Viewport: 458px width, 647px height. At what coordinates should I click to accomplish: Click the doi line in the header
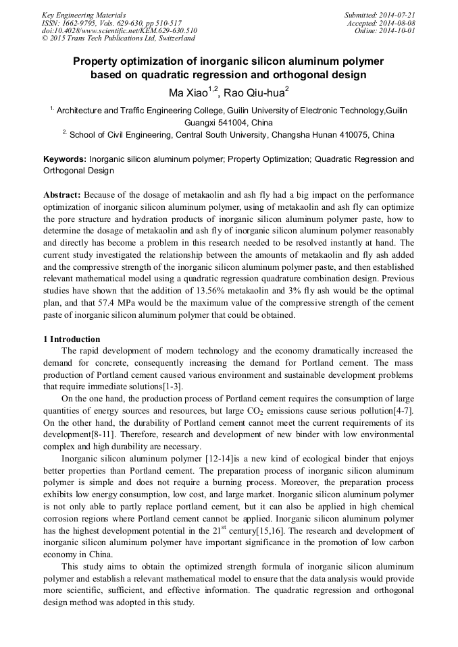pos(119,30)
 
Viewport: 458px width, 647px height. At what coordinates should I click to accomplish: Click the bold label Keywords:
pos(65,159)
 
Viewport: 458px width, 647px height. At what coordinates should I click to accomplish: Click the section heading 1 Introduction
pos(71,339)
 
